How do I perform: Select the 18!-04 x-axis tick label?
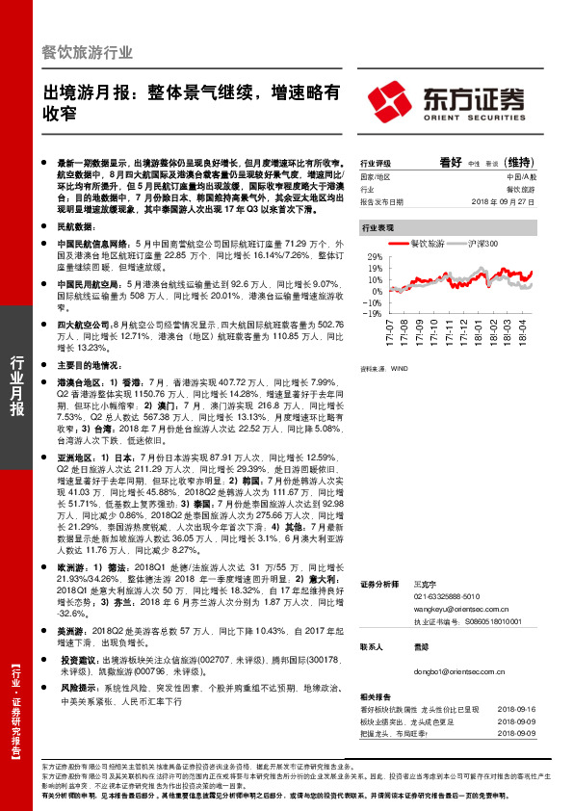[523, 332]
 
